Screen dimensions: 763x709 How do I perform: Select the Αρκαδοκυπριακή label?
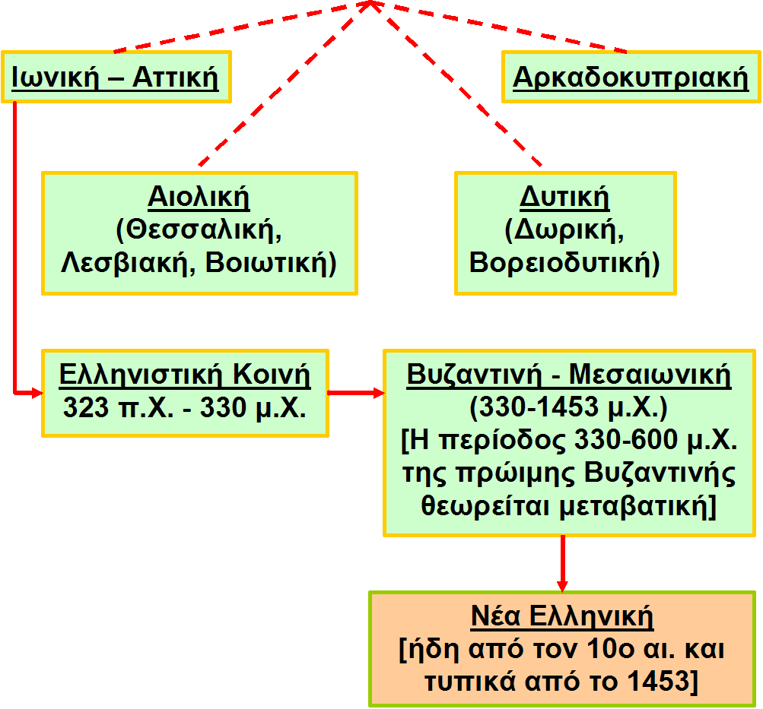point(631,78)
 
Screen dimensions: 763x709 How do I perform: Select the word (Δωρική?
point(564,230)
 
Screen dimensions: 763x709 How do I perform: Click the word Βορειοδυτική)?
point(564,263)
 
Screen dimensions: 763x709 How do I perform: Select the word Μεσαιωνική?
point(650,375)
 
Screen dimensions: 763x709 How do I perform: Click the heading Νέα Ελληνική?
point(562,616)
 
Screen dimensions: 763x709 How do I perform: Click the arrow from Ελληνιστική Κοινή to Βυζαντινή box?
point(356,393)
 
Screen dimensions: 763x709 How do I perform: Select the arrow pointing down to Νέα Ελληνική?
point(562,563)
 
